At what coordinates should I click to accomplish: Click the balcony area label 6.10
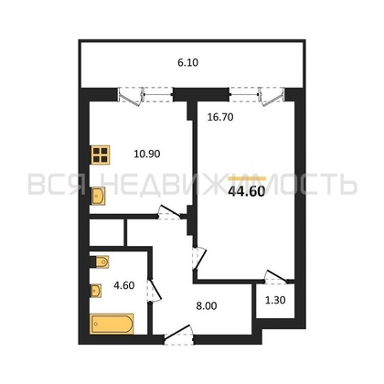pyautogui.click(x=187, y=62)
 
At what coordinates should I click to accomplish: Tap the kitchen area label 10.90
pyautogui.click(x=147, y=154)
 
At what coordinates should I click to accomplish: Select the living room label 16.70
pyautogui.click(x=220, y=117)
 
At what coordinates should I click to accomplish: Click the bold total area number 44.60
pyautogui.click(x=247, y=191)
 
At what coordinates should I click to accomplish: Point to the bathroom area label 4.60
pyautogui.click(x=124, y=285)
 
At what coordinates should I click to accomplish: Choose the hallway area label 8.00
pyautogui.click(x=207, y=305)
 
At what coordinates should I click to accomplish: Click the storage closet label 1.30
pyautogui.click(x=275, y=300)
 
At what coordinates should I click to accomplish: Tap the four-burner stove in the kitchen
pyautogui.click(x=100, y=155)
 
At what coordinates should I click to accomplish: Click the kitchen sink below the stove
pyautogui.click(x=98, y=196)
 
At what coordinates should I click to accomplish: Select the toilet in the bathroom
pyautogui.click(x=100, y=261)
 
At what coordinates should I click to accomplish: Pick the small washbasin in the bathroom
pyautogui.click(x=96, y=291)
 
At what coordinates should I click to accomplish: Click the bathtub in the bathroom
pyautogui.click(x=112, y=324)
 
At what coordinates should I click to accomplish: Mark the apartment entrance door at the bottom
pyautogui.click(x=179, y=335)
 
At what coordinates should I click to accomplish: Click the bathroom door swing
pyautogui.click(x=154, y=291)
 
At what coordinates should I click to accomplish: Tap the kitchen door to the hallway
pyautogui.click(x=169, y=212)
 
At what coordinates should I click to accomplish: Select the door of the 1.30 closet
pyautogui.click(x=276, y=277)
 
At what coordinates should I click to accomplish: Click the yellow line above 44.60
pyautogui.click(x=247, y=178)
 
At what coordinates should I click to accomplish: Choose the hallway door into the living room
pyautogui.click(x=199, y=259)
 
